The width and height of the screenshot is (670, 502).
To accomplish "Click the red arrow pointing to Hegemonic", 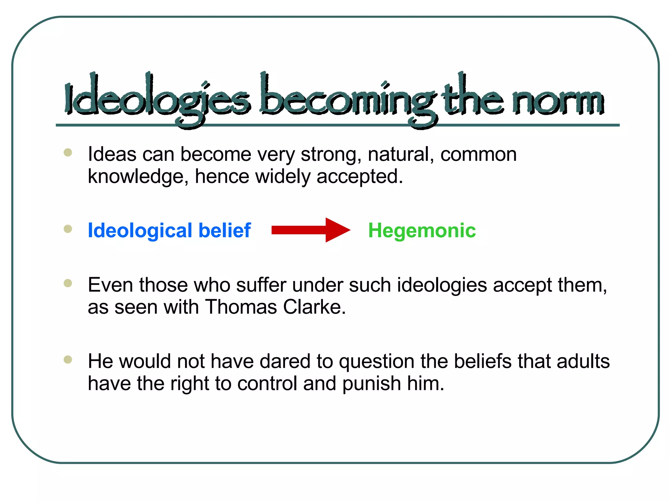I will click(311, 230).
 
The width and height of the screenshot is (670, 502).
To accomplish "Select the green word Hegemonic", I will click(422, 230).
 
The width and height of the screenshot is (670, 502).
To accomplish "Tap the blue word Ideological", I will click(140, 231).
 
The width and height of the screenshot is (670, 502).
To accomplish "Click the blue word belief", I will click(225, 230).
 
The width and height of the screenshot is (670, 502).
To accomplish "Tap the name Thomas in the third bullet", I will click(241, 307).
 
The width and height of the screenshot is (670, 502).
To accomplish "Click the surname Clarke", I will click(314, 307).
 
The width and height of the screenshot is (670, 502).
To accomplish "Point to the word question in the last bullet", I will click(377, 361).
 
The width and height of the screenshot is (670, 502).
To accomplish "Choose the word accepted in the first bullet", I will click(360, 177).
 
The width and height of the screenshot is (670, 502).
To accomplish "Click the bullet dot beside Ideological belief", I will click(68, 229).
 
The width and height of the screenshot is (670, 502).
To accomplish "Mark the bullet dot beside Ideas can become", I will click(68, 152).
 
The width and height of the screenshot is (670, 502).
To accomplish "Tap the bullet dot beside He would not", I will click(68, 360).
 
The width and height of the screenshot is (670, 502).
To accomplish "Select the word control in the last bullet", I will click(267, 383).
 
